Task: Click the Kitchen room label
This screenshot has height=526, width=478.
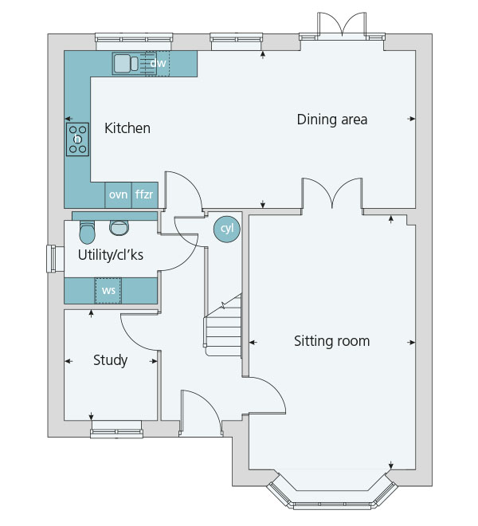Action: click(127, 128)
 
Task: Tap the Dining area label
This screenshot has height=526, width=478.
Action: click(332, 120)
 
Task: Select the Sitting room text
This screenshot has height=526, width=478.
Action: click(332, 341)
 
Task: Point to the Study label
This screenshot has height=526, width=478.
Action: click(111, 360)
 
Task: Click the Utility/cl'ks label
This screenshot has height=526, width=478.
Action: click(111, 255)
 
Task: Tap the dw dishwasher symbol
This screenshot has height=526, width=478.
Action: click(158, 64)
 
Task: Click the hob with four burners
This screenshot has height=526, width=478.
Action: click(77, 139)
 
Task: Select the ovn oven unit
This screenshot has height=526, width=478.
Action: click(118, 195)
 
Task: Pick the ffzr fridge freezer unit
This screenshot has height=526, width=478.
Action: click(144, 195)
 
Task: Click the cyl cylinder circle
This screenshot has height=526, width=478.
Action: click(227, 229)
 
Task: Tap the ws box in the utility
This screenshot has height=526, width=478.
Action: click(108, 291)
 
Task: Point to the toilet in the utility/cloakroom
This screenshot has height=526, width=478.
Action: click(87, 232)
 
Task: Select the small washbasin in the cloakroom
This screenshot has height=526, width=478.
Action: click(119, 228)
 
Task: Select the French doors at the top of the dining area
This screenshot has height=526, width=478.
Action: click(342, 26)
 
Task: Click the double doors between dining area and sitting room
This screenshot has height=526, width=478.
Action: click(332, 194)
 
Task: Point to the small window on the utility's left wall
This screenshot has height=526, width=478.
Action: click(53, 259)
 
